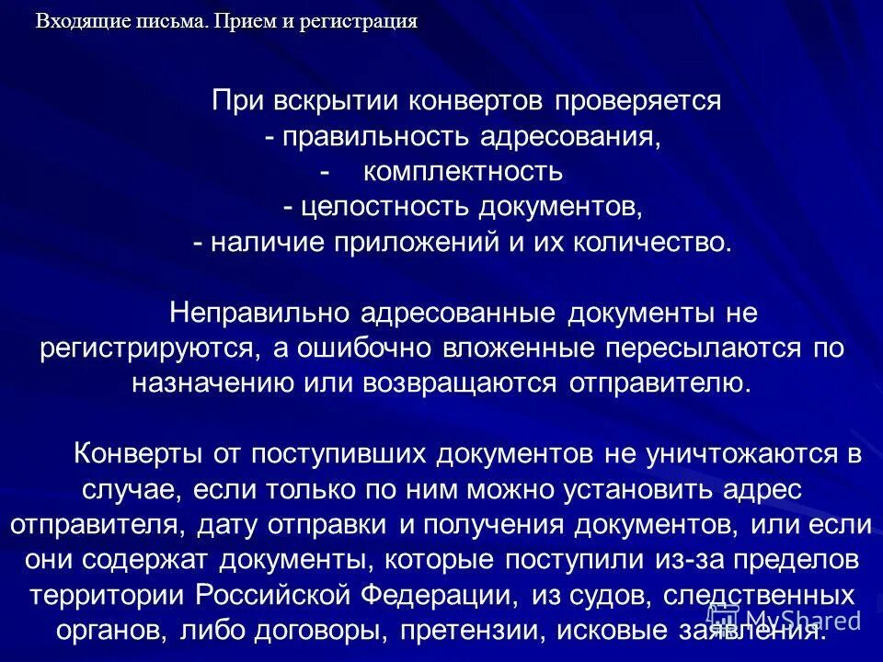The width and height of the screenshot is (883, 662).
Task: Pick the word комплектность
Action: point(462,172)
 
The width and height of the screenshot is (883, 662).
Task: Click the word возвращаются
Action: point(430,383)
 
